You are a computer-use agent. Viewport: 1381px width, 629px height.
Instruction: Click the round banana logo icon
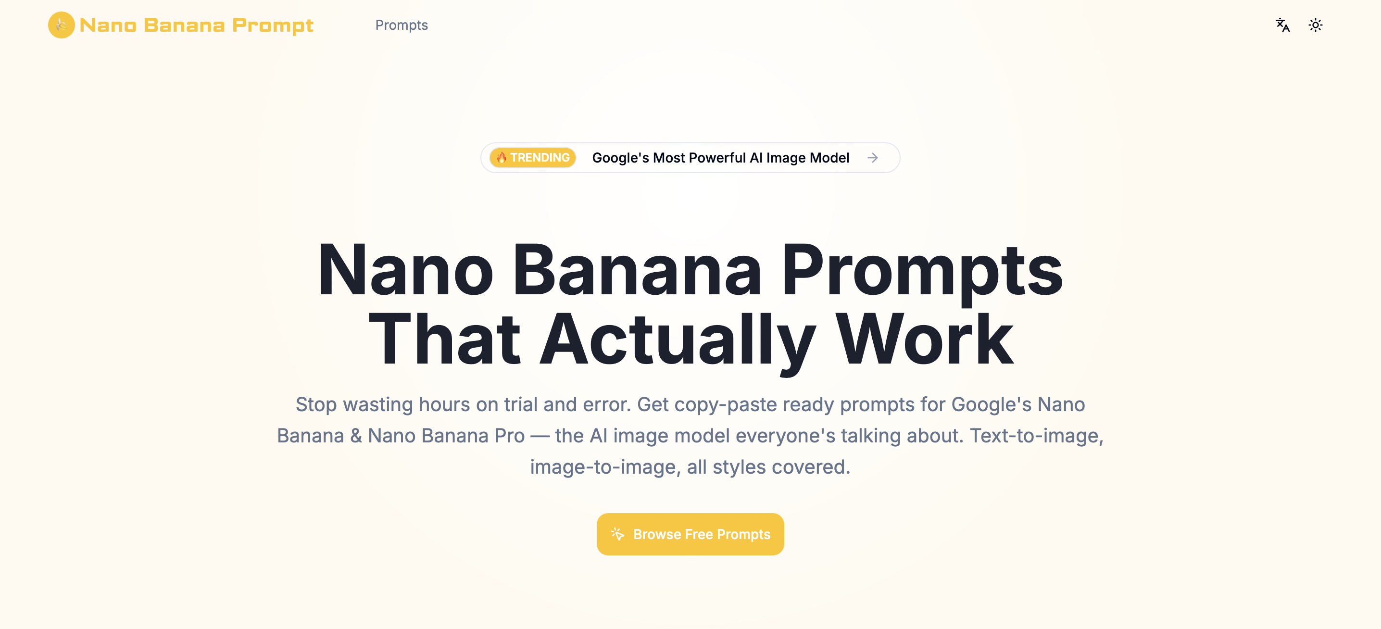pos(61,25)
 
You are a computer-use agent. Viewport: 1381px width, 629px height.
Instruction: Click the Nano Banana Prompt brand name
pos(196,25)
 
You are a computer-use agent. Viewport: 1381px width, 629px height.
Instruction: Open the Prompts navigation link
pos(401,25)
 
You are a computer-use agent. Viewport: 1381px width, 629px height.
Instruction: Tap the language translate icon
pos(1282,25)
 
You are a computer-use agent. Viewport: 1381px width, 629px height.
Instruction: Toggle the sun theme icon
pos(1315,25)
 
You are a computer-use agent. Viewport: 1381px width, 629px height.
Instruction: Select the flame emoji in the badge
pos(501,158)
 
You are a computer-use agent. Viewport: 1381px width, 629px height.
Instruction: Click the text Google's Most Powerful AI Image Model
pos(720,158)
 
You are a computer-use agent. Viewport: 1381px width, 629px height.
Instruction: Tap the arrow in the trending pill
pos(873,158)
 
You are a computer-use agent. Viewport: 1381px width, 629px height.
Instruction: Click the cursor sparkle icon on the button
pos(617,534)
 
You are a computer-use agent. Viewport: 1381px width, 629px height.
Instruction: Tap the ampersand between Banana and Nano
pos(356,435)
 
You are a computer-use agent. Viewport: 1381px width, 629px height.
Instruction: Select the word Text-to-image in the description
pos(1036,435)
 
